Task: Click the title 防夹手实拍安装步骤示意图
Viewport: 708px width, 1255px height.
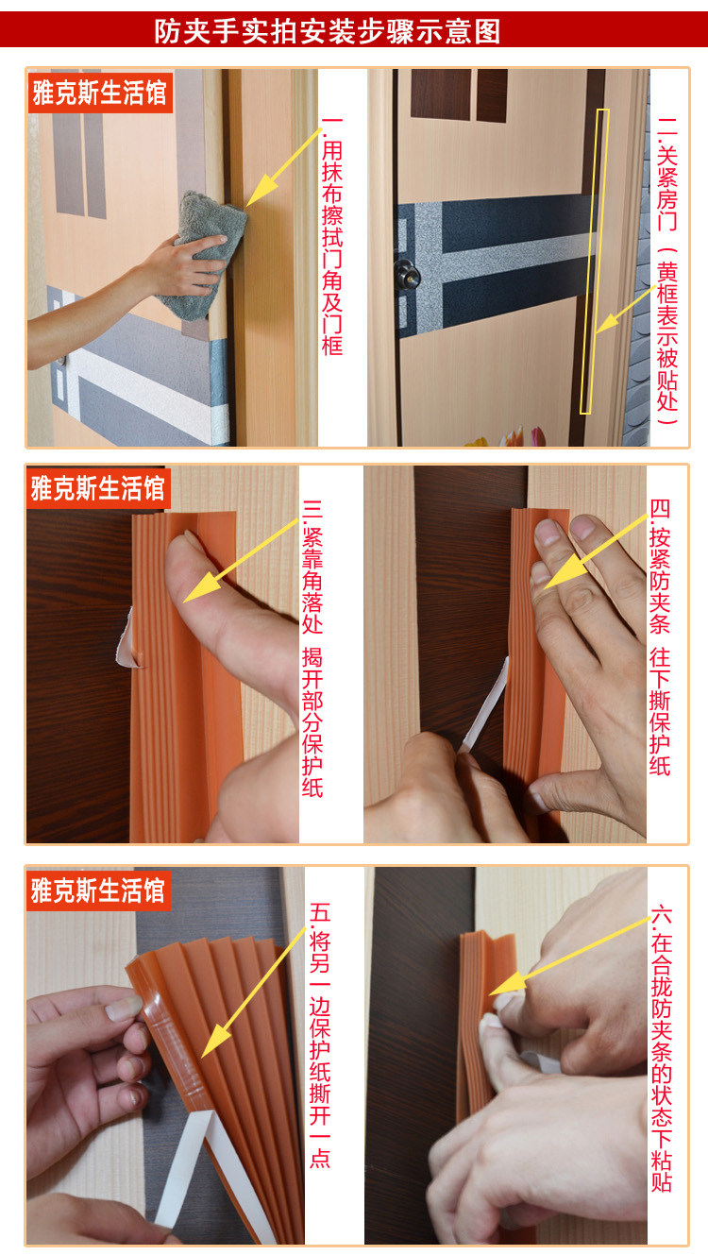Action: (328, 31)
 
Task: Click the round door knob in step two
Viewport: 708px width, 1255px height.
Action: (407, 275)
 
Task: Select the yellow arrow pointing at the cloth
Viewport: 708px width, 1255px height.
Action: (284, 167)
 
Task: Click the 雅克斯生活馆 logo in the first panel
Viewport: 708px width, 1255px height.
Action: (100, 93)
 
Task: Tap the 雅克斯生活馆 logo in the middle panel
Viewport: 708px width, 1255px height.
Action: (98, 488)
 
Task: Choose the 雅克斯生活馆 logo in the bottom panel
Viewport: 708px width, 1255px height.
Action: (98, 890)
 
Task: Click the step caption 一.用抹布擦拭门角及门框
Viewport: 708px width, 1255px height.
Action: (332, 235)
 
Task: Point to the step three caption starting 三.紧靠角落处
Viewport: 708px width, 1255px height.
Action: (312, 648)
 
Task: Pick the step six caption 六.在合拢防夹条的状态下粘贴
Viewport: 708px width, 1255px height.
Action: (662, 1047)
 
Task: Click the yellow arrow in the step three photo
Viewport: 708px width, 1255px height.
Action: (241, 561)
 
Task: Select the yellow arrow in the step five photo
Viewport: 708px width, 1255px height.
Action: (254, 992)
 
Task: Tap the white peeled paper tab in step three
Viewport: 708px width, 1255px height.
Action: (126, 638)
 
